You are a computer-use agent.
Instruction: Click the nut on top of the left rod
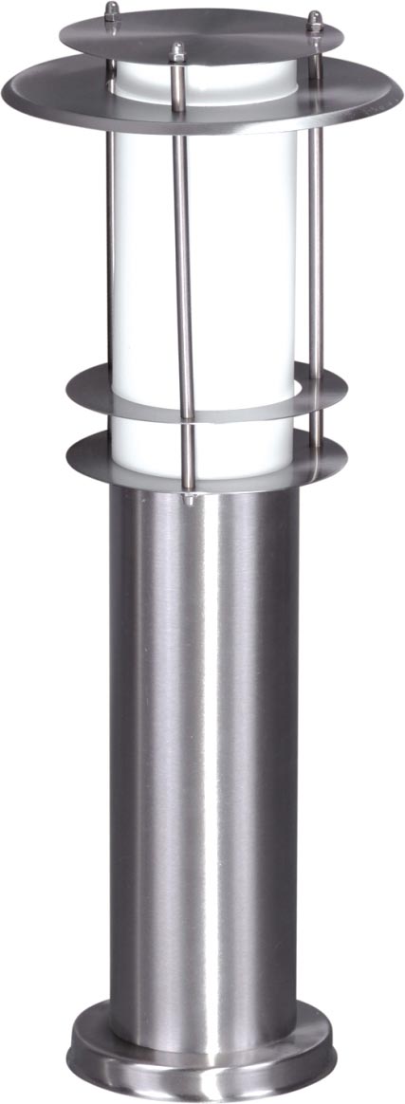click(x=112, y=11)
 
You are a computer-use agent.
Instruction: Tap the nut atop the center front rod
click(x=175, y=51)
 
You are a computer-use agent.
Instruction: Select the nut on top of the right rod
click(x=314, y=19)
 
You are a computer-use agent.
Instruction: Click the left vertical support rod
click(x=110, y=237)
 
